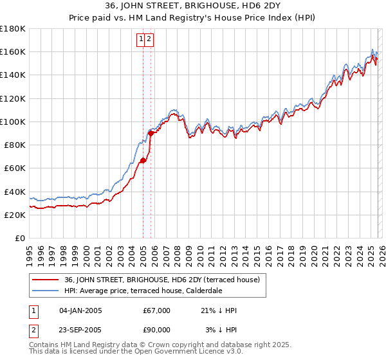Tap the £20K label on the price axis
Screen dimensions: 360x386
click(x=14, y=215)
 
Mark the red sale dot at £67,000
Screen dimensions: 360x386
click(x=143, y=160)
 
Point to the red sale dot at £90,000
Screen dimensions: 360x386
click(x=151, y=133)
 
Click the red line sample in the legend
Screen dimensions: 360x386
click(x=45, y=280)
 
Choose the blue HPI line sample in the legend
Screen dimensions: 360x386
click(x=45, y=291)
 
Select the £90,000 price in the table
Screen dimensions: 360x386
click(x=157, y=330)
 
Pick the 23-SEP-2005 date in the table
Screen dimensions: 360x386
click(x=80, y=330)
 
